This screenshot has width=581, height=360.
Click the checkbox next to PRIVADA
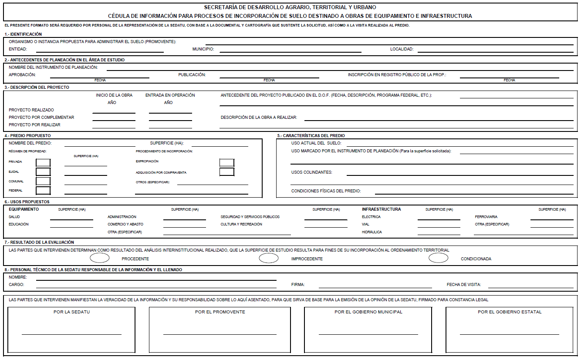[x=43, y=163]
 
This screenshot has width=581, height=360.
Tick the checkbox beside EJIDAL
[x=43, y=172]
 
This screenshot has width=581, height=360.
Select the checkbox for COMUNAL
[x=43, y=181]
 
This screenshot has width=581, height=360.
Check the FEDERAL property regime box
[x=43, y=190]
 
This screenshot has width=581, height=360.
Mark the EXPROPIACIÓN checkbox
[x=227, y=163]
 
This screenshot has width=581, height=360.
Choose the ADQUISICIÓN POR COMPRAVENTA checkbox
[x=227, y=172]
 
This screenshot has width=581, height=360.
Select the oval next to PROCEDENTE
[x=100, y=258]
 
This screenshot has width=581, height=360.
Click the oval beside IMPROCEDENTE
[x=269, y=258]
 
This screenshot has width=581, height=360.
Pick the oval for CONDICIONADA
[x=438, y=258]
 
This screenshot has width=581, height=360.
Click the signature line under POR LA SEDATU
[x=71, y=334]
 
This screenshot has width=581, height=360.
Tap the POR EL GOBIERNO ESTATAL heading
[x=510, y=312]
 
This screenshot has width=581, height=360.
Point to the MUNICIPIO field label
[x=203, y=49]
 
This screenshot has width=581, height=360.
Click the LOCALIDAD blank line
[x=495, y=52]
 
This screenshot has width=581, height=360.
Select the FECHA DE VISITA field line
[x=530, y=287]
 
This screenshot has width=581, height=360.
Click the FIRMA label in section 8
[x=298, y=285]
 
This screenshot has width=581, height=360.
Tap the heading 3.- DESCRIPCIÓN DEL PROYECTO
[x=37, y=87]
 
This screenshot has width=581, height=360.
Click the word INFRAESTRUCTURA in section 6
[x=381, y=209]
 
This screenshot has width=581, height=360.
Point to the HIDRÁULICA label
[x=372, y=232]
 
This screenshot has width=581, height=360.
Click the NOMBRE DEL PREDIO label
[x=30, y=143]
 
